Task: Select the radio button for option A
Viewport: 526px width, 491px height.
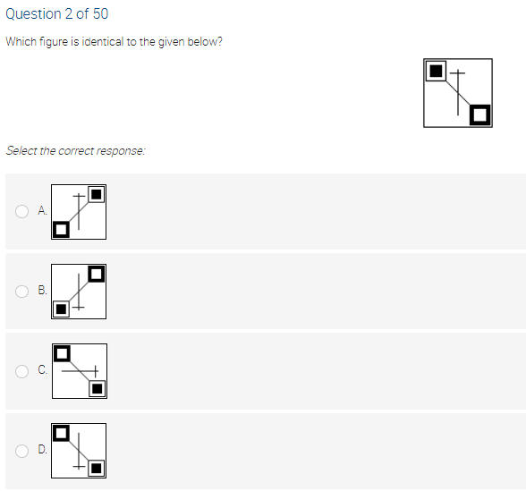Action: click(x=21, y=211)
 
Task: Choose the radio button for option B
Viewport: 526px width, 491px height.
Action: click(x=21, y=291)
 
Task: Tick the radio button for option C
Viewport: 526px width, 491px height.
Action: click(x=21, y=371)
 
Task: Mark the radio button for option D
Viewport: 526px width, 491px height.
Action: click(x=21, y=450)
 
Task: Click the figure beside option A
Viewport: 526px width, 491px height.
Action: click(x=79, y=211)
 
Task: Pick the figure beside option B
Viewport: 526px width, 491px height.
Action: click(x=79, y=292)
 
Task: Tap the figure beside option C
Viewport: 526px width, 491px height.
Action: click(x=79, y=371)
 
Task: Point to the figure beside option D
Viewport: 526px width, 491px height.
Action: click(x=79, y=450)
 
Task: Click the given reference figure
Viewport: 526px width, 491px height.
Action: click(x=458, y=92)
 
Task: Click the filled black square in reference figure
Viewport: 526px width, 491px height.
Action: click(x=436, y=70)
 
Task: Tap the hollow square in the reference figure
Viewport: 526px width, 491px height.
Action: click(x=480, y=114)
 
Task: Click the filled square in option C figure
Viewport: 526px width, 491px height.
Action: click(x=97, y=388)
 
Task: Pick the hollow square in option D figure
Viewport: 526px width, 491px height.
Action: click(x=61, y=433)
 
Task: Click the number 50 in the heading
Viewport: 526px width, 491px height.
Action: click(x=100, y=14)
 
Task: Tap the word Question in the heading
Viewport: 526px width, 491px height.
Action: click(x=32, y=14)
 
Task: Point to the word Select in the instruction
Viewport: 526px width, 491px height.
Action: click(x=20, y=150)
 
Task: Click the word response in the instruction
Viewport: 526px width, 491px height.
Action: click(x=121, y=150)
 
